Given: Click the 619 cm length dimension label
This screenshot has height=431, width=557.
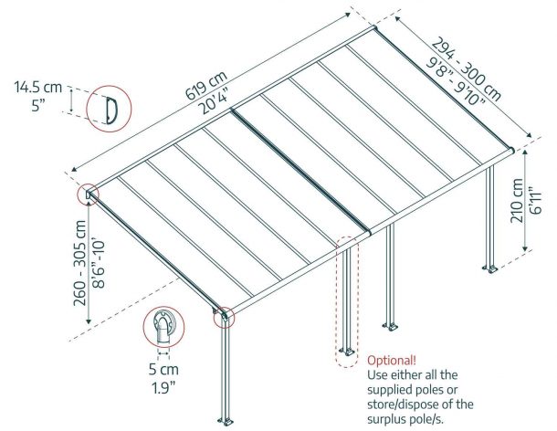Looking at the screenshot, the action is click(205, 86).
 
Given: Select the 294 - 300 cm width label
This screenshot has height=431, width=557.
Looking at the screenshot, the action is click(467, 68).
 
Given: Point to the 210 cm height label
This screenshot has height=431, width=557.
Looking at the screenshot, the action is click(517, 200).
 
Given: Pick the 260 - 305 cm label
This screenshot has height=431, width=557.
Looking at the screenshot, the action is click(79, 263).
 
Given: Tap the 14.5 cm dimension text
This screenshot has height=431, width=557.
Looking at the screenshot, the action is click(38, 87).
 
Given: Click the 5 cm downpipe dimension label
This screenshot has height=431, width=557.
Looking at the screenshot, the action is click(163, 370).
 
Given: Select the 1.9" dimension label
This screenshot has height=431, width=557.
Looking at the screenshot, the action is click(163, 388).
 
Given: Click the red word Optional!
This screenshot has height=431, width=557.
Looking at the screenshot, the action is click(392, 361).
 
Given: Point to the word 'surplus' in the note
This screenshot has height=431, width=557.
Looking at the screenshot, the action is click(388, 419).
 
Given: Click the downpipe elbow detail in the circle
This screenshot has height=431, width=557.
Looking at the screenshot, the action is click(163, 328).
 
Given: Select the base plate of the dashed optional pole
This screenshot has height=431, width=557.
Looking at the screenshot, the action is click(346, 352).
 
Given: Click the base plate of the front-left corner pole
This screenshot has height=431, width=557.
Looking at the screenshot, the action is click(226, 422).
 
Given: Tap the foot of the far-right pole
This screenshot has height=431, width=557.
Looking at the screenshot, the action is click(490, 269).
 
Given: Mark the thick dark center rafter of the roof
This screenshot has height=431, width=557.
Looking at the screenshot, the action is click(301, 172).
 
